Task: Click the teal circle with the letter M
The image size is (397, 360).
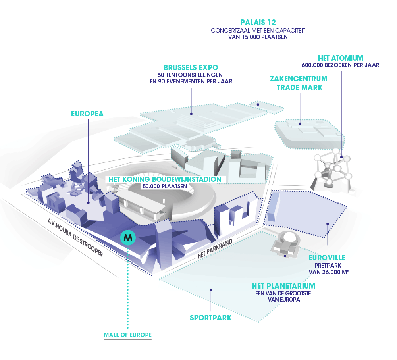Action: (x=128, y=238)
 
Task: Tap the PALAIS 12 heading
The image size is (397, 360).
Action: (x=258, y=22)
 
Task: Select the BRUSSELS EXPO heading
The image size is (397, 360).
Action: (x=191, y=67)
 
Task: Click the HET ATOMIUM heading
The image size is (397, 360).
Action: (x=341, y=57)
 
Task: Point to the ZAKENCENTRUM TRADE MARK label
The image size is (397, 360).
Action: (x=299, y=83)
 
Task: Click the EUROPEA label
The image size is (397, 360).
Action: (x=87, y=114)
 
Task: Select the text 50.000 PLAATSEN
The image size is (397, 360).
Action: (x=164, y=186)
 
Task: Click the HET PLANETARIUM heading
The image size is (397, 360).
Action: (x=283, y=286)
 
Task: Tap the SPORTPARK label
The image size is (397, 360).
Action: (x=210, y=318)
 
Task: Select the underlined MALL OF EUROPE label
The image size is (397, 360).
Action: (x=127, y=335)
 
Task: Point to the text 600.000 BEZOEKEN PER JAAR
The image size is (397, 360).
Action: (x=341, y=65)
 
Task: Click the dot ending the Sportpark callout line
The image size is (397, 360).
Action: (x=211, y=289)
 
